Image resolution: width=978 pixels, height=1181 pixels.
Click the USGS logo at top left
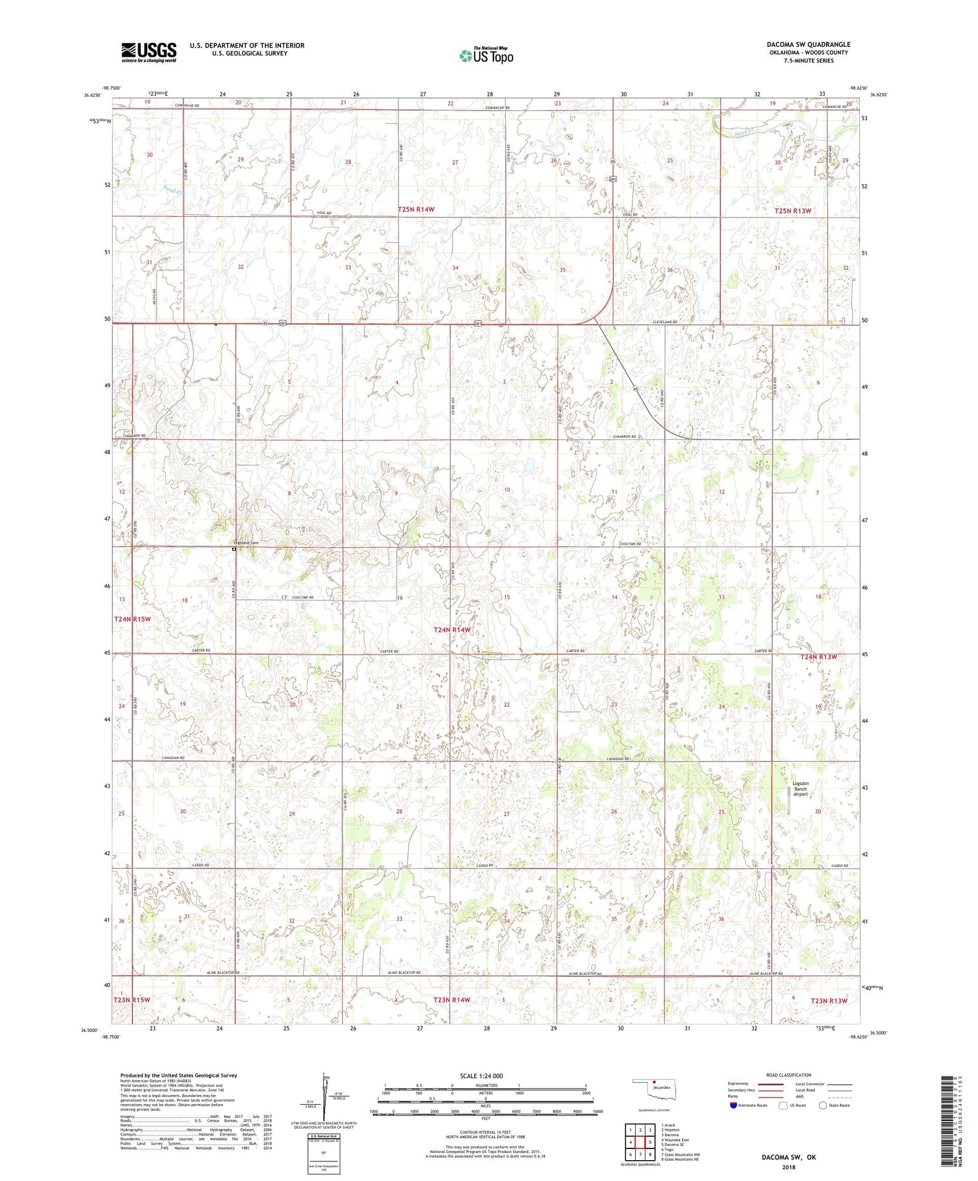pyautogui.click(x=149, y=52)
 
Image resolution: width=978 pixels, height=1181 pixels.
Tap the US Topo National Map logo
pyautogui.click(x=486, y=55)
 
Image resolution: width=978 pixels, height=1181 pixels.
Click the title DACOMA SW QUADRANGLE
pyautogui.click(x=808, y=44)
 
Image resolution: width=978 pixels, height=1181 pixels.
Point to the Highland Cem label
pyautogui.click(x=246, y=543)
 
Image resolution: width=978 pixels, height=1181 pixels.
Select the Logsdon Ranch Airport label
pyautogui.click(x=800, y=788)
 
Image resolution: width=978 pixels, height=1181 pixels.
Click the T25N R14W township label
pyautogui.click(x=415, y=209)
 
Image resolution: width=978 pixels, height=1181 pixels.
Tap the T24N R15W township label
pyautogui.click(x=132, y=619)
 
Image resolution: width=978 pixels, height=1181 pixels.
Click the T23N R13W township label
pyautogui.click(x=828, y=1001)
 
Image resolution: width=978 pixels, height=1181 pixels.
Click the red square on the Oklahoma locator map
pyautogui.click(x=655, y=1085)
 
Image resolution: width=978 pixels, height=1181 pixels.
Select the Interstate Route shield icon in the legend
pyautogui.click(x=733, y=1105)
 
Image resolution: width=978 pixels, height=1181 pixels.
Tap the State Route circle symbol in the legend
pyautogui.click(x=823, y=1105)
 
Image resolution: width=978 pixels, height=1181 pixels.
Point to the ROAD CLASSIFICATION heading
pyautogui.click(x=789, y=1075)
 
